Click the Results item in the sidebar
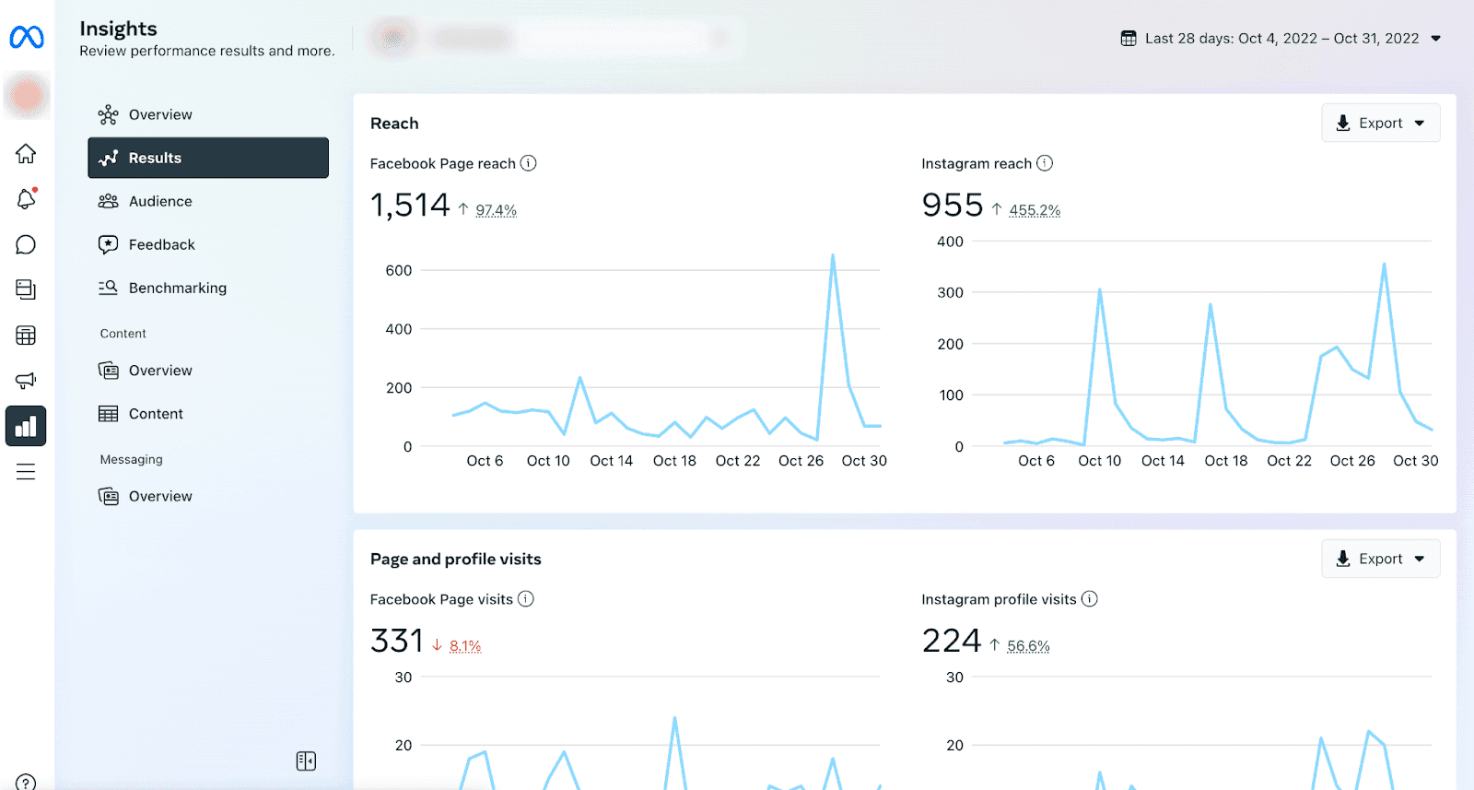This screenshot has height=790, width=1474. point(207,158)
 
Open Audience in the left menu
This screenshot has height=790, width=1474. point(159,201)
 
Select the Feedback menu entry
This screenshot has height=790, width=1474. point(161,244)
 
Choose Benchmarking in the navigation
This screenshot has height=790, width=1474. point(177,288)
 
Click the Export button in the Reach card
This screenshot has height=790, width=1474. point(1380,123)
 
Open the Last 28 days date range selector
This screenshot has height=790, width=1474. point(1281,38)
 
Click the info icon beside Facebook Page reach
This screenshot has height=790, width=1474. point(528,163)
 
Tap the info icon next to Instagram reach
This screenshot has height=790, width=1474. point(1044,163)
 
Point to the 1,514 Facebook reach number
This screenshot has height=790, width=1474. point(410,205)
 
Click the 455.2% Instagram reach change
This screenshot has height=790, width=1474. point(1035,210)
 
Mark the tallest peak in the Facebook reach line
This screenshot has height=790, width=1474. point(833,255)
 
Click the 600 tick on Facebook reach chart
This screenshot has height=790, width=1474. point(399,270)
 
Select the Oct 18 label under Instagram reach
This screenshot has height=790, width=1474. point(1225,461)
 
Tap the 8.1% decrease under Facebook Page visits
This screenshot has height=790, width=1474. point(465,646)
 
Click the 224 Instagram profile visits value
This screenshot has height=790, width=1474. point(952,641)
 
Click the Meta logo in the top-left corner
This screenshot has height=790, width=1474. point(27,38)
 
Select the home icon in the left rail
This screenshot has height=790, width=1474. point(26,153)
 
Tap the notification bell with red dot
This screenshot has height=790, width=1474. point(26,198)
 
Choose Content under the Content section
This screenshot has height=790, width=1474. point(156,414)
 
